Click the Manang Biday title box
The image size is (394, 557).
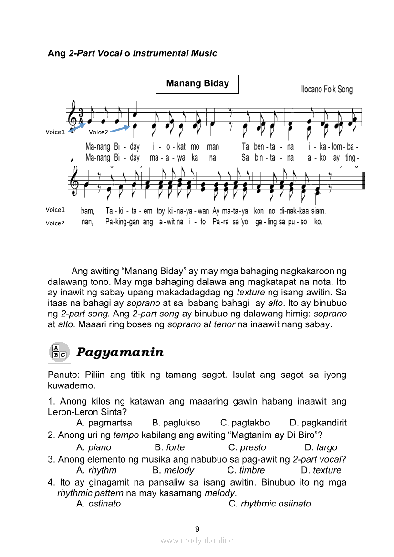click(197, 84)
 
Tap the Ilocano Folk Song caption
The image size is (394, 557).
click(327, 90)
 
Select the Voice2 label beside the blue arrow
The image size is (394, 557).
click(99, 132)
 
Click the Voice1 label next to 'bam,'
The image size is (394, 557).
click(55, 210)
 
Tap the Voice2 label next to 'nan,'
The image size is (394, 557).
click(55, 223)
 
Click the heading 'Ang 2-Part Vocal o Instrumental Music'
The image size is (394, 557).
click(132, 53)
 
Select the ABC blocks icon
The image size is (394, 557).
click(59, 352)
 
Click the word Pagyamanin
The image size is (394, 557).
click(120, 353)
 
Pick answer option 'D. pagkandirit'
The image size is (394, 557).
click(318, 423)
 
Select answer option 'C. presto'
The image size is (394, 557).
click(247, 447)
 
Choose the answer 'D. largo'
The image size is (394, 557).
click(321, 447)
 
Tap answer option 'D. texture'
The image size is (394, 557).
click(321, 470)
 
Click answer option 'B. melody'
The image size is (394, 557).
click(173, 470)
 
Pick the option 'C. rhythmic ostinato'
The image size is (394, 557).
click(270, 504)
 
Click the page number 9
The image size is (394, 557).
click(197, 529)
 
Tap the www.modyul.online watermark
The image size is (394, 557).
click(197, 540)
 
